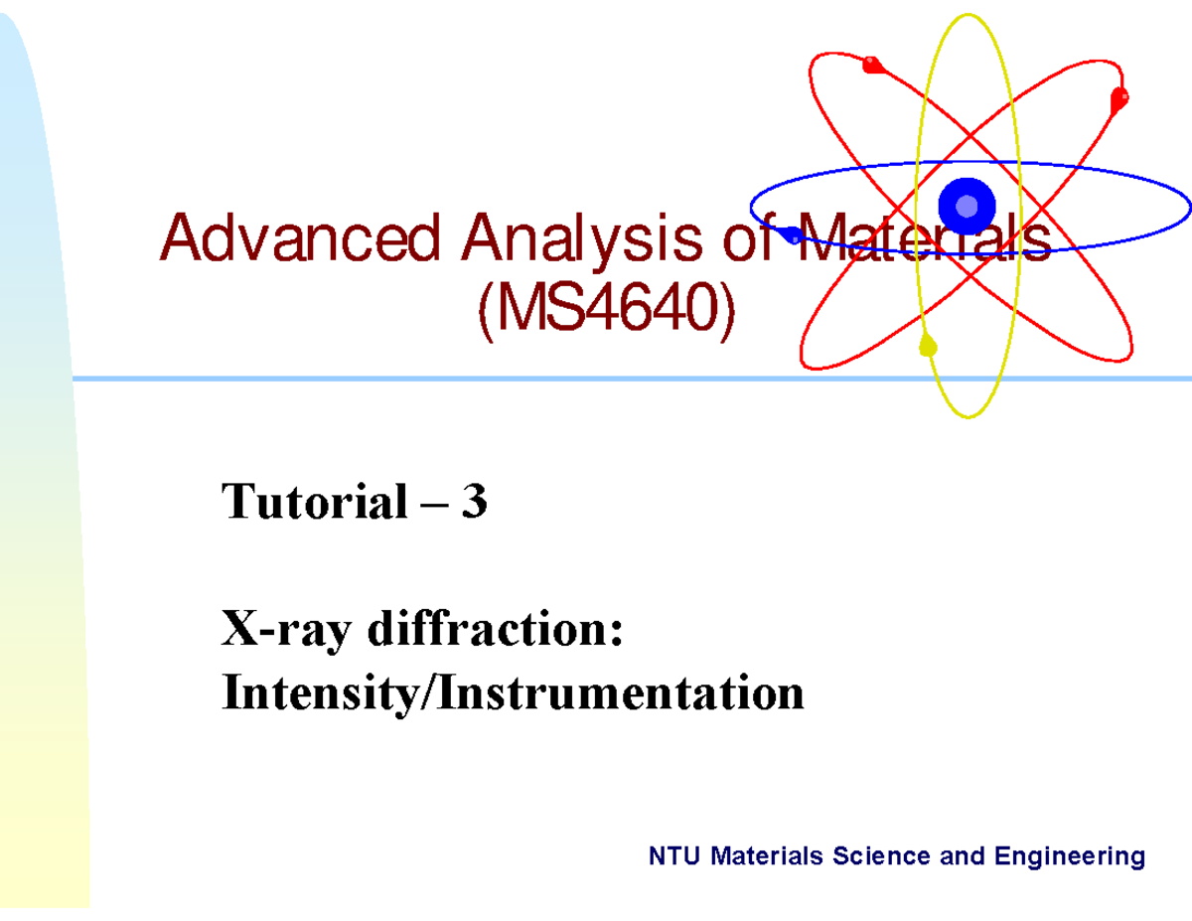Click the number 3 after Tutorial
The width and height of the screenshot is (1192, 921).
click(474, 502)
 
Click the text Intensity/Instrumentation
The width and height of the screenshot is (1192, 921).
click(513, 692)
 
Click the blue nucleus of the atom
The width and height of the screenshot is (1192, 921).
click(967, 206)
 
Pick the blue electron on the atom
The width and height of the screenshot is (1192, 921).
click(793, 235)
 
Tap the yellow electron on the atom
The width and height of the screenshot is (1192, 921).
click(929, 347)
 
